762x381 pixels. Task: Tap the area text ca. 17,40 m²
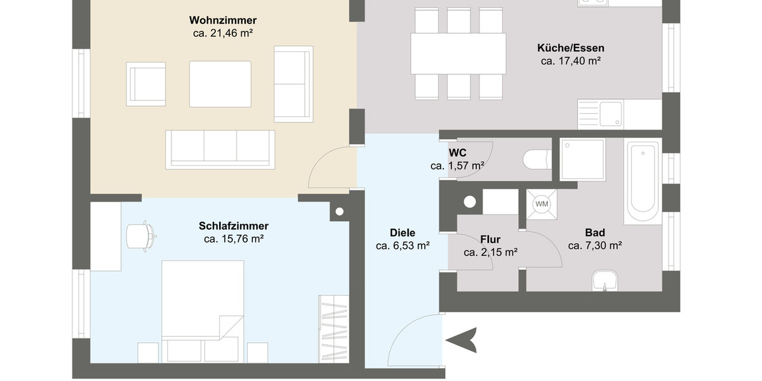(x=571, y=61)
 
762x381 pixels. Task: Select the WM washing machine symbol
(x=542, y=204)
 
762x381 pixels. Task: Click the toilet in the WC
(x=537, y=159)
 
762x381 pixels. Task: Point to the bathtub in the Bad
(x=642, y=177)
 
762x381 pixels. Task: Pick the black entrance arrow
(x=462, y=340)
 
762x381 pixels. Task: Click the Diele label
(x=403, y=232)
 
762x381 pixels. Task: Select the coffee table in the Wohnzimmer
(x=220, y=84)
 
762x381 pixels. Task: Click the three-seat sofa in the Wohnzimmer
(x=220, y=149)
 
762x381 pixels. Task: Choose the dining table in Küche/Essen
(x=458, y=54)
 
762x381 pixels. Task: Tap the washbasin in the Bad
(x=605, y=281)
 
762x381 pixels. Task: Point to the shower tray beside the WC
(x=582, y=159)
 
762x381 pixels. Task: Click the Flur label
(x=490, y=239)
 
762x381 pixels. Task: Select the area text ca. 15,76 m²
(x=234, y=239)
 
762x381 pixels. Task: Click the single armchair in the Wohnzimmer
(x=147, y=84)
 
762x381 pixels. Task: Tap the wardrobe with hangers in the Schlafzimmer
(x=333, y=329)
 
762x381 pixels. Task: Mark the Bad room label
(x=595, y=232)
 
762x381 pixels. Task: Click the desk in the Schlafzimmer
(x=105, y=236)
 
